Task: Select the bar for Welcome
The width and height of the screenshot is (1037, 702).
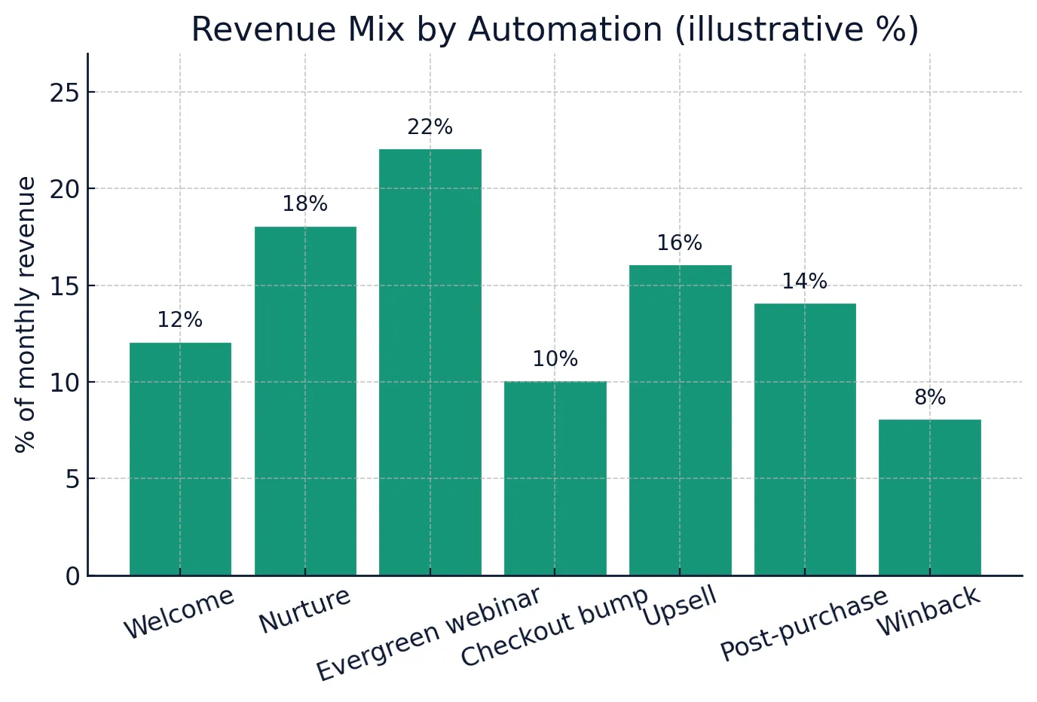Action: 180,459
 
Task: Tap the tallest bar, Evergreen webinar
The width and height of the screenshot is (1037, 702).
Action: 430,362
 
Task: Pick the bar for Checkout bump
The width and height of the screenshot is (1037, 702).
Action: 555,478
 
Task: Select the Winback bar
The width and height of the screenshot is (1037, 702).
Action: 929,497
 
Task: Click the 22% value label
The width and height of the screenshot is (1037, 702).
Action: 430,127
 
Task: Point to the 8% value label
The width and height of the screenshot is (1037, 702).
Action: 929,398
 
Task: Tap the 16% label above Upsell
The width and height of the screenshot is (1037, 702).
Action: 680,243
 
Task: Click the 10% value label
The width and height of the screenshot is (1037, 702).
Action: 555,359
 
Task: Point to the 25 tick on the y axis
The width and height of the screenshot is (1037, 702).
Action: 64,93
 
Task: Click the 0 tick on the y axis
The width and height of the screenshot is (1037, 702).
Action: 72,576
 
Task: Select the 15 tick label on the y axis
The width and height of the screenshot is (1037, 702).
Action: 64,286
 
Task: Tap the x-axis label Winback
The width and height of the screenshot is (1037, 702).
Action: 928,612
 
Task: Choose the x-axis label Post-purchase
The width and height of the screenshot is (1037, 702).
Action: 803,624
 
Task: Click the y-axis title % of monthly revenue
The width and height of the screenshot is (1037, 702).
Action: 26,314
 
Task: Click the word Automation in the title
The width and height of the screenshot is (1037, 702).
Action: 565,30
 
